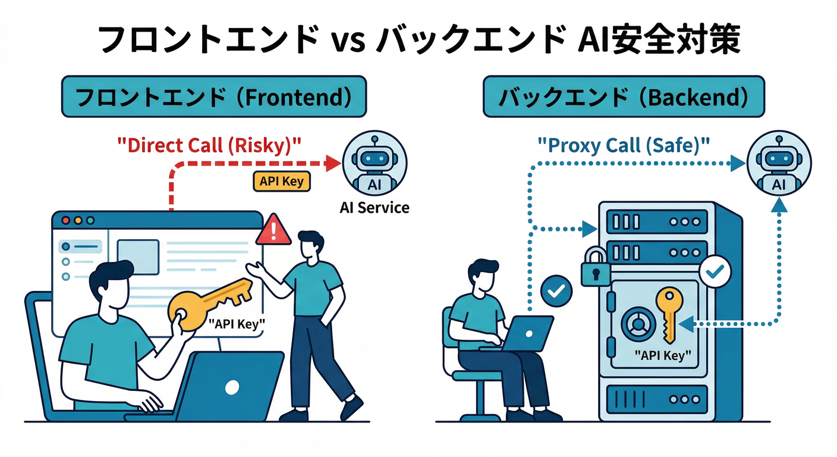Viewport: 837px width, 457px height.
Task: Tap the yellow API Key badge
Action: tap(282, 181)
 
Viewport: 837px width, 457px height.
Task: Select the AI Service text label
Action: tap(375, 208)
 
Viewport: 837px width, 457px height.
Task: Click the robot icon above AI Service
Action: tap(375, 162)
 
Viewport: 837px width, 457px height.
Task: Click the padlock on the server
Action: tap(596, 268)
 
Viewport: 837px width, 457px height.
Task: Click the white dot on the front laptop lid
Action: tap(232, 387)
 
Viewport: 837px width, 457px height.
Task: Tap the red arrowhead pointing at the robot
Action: tap(335, 161)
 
